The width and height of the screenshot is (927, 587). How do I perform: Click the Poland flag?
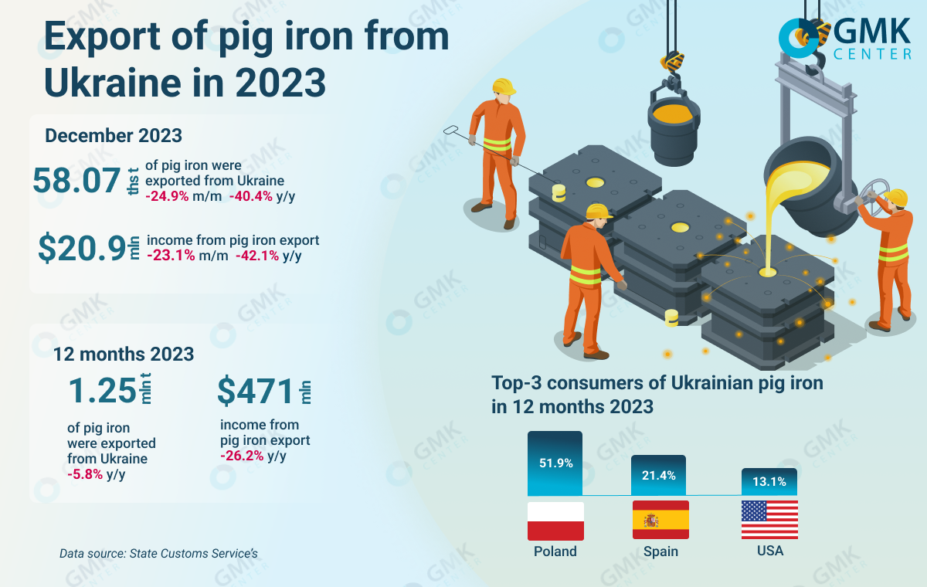click(555, 521)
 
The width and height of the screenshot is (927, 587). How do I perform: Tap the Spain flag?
click(660, 521)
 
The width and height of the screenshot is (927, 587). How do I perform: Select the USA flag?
click(769, 521)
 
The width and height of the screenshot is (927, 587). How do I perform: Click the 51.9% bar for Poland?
click(555, 463)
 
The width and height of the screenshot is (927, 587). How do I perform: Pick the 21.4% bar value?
click(659, 475)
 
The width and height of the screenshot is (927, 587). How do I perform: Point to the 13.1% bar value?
click(769, 482)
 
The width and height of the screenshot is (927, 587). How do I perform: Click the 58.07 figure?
click(77, 180)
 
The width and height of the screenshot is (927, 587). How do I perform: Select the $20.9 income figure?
click(82, 248)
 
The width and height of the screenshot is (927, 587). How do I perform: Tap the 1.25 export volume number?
click(102, 391)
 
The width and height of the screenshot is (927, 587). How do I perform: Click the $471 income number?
click(256, 392)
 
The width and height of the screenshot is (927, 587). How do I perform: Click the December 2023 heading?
click(114, 135)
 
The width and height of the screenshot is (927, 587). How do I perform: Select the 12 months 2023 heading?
click(124, 354)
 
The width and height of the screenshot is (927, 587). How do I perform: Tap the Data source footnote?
click(158, 553)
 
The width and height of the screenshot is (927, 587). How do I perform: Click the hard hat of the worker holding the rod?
click(504, 86)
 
